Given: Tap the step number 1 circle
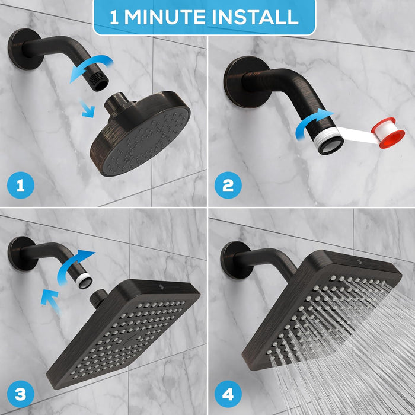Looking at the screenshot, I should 21,186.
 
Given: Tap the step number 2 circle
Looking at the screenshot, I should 228,186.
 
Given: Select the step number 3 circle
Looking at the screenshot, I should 21,393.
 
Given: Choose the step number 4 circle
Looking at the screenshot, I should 228,393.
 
